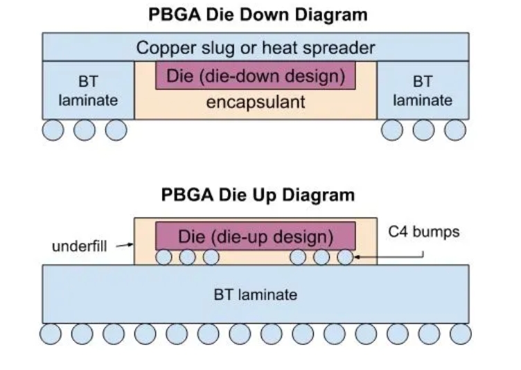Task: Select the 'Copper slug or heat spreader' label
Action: (x=256, y=48)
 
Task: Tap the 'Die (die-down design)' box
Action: (x=256, y=76)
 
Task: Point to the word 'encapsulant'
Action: (x=256, y=103)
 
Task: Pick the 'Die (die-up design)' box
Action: (x=256, y=236)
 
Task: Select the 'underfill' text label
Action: (x=79, y=246)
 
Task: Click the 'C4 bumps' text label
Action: (x=424, y=231)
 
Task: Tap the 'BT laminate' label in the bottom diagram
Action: (x=255, y=294)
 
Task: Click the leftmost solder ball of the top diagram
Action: (x=53, y=130)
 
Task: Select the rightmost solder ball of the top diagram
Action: (x=455, y=130)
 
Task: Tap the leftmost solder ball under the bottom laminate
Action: (x=51, y=334)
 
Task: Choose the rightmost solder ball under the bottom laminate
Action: (x=460, y=334)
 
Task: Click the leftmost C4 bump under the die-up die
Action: (x=164, y=257)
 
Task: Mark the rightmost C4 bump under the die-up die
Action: (x=345, y=257)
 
